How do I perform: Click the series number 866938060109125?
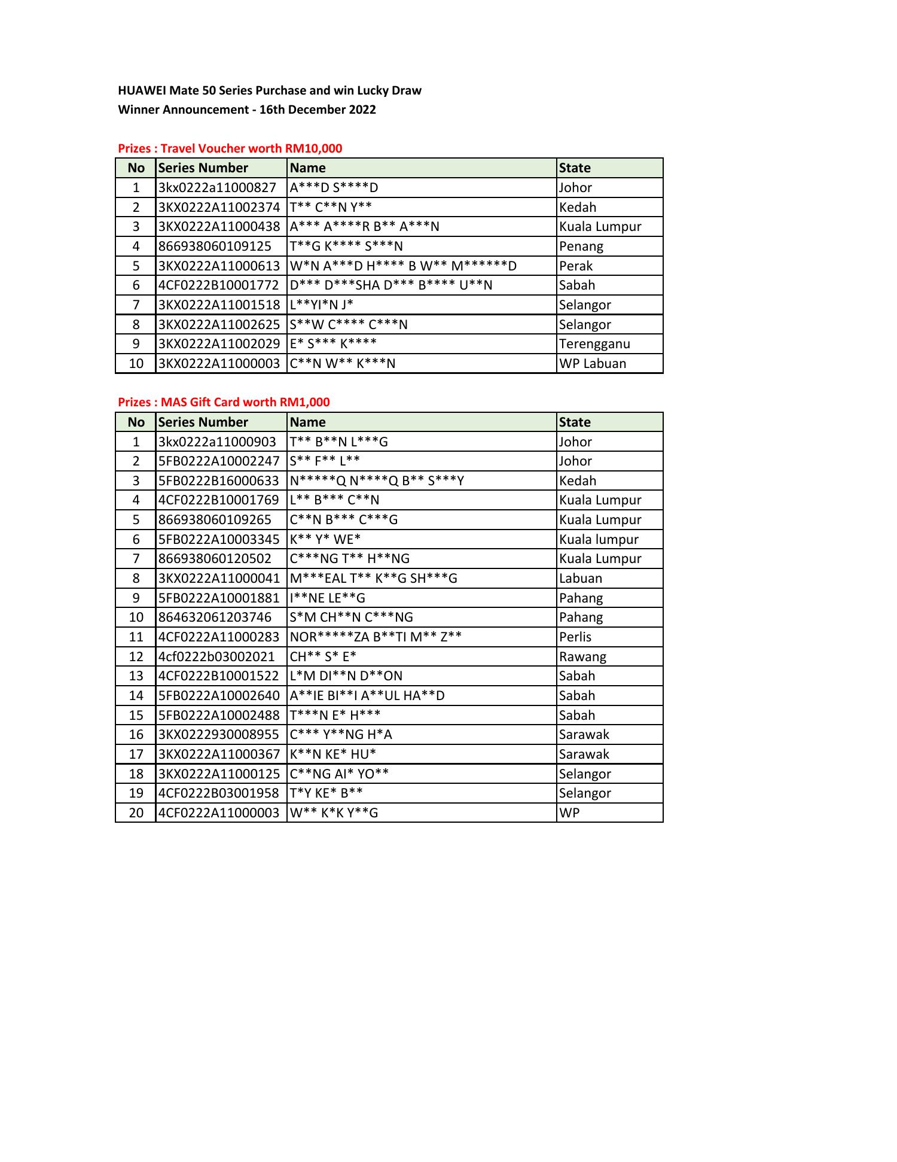pyautogui.click(x=215, y=246)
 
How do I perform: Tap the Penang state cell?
pyautogui.click(x=581, y=246)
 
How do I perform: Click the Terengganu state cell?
pyautogui.click(x=594, y=343)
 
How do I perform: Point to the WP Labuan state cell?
pyautogui.click(x=593, y=363)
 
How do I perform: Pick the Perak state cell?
pyautogui.click(x=576, y=266)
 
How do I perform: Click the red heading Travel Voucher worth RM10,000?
pyautogui.click(x=230, y=148)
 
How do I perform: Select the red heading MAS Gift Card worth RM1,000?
pyautogui.click(x=224, y=402)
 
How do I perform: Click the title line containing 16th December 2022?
pyautogui.click(x=247, y=109)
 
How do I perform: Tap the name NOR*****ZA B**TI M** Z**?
pyautogui.click(x=376, y=637)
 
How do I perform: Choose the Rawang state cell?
pyautogui.click(x=582, y=656)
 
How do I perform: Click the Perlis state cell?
pyautogui.click(x=575, y=637)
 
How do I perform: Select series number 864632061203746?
pyautogui.click(x=215, y=617)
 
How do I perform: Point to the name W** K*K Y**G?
pyautogui.click(x=334, y=813)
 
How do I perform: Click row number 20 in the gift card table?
pyautogui.click(x=136, y=813)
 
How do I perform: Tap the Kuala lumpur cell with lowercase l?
pyautogui.click(x=599, y=539)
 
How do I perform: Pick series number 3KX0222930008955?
pyautogui.click(x=219, y=734)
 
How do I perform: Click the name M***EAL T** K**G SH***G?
pyautogui.click(x=373, y=578)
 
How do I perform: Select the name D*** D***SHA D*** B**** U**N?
pyautogui.click(x=391, y=285)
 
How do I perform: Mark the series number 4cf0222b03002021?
pyautogui.click(x=216, y=656)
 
